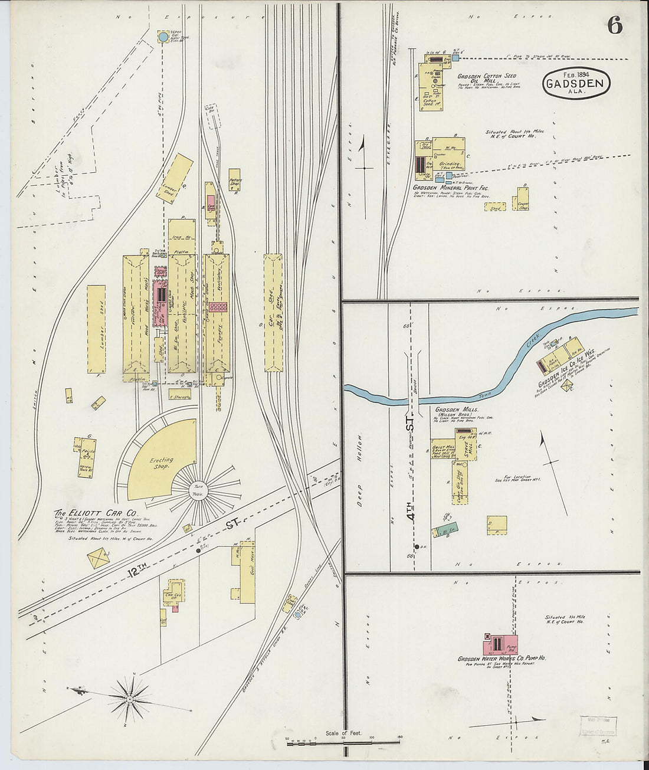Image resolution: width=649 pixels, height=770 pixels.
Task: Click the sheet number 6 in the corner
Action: coord(615,25)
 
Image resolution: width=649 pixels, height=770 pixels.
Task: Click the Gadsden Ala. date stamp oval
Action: coord(575,84)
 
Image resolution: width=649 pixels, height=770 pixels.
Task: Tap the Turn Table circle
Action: coord(195,491)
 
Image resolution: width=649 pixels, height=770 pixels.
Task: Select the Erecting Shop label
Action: coord(161,463)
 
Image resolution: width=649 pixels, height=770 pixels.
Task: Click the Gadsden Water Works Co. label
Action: coord(501,658)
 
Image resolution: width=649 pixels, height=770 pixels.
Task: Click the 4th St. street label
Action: coord(411,507)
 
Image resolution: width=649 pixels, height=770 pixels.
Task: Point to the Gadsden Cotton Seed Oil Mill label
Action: coord(487,78)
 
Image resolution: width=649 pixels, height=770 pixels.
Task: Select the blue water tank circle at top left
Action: coord(163,37)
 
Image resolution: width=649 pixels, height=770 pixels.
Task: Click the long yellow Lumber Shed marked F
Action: coord(96,329)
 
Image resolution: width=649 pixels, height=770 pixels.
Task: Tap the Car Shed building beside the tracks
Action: coord(273,313)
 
